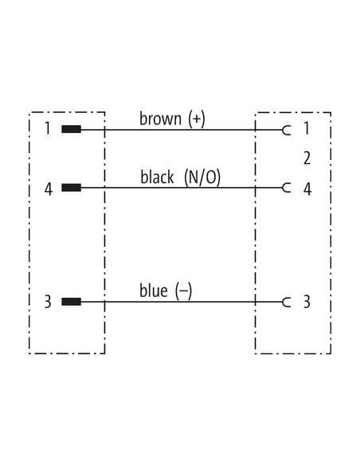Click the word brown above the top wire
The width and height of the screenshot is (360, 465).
pyautogui.click(x=160, y=119)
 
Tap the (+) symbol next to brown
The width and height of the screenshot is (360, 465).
pyautogui.click(x=197, y=119)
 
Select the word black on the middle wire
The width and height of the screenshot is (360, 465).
pyautogui.click(x=157, y=177)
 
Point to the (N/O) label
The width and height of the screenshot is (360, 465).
pyautogui.click(x=202, y=178)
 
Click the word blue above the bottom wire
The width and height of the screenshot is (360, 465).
pyautogui.click(x=153, y=291)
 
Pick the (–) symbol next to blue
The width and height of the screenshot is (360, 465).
pyautogui.click(x=183, y=291)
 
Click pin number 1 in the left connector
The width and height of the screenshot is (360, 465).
pyautogui.click(x=47, y=128)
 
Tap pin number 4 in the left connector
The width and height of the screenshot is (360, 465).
pyautogui.click(x=49, y=189)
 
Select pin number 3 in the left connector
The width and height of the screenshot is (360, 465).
pyautogui.click(x=48, y=302)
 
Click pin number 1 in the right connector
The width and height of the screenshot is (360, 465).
pyautogui.click(x=307, y=128)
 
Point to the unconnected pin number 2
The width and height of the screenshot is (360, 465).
pyautogui.click(x=307, y=158)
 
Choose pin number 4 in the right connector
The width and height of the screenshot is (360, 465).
pyautogui.click(x=307, y=189)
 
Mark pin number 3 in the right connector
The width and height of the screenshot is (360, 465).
pyautogui.click(x=307, y=302)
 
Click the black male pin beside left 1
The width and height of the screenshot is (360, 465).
pyautogui.click(x=71, y=129)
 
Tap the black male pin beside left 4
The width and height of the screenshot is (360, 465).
pyautogui.click(x=71, y=187)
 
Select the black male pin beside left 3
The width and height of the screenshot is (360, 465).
pyautogui.click(x=71, y=302)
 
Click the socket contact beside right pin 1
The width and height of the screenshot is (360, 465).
pyautogui.click(x=287, y=130)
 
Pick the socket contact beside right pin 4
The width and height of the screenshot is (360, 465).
pyautogui.click(x=287, y=188)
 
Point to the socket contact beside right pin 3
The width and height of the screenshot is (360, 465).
pyautogui.click(x=287, y=303)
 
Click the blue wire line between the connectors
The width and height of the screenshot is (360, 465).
pyautogui.click(x=182, y=302)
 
